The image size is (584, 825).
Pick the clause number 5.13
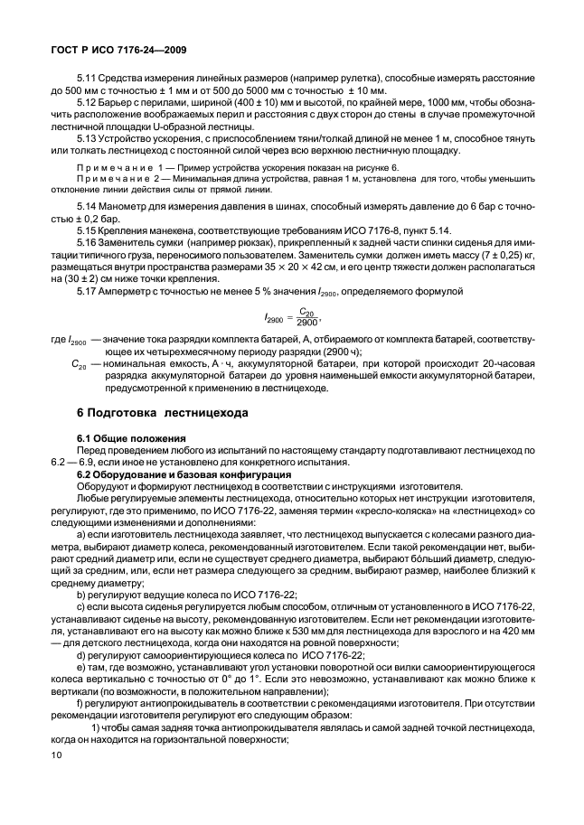tap(89, 139)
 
